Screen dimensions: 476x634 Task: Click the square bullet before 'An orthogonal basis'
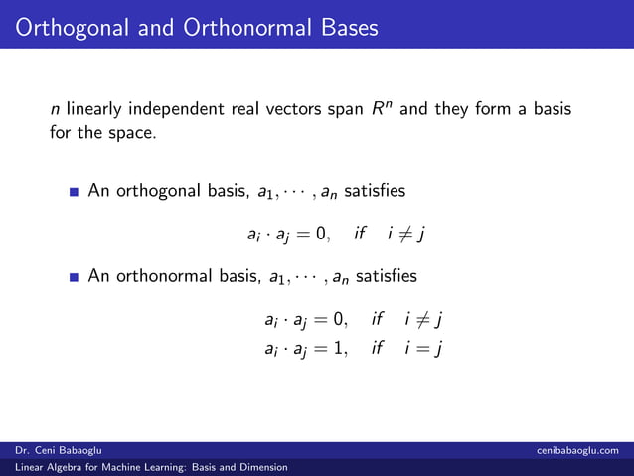click(x=75, y=190)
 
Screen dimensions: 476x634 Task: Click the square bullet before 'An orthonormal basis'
click(x=75, y=276)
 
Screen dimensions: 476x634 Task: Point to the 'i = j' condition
click(x=422, y=348)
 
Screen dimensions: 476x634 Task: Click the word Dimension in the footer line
click(x=262, y=467)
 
